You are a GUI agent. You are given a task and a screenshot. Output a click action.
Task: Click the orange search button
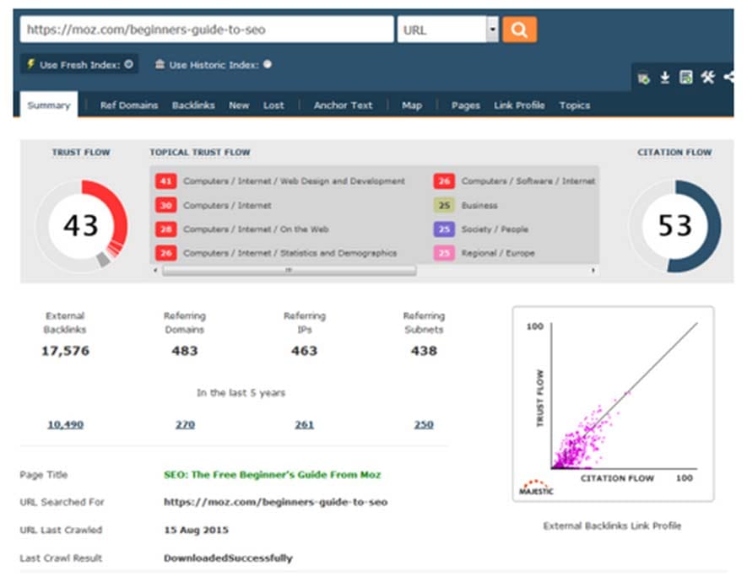tap(519, 30)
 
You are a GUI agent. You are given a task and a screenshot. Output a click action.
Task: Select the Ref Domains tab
tap(129, 105)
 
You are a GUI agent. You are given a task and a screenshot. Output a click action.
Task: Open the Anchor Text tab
tap(343, 105)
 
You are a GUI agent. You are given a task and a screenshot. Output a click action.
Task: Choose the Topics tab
tap(575, 105)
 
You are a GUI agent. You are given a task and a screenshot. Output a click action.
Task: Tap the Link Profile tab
tap(519, 105)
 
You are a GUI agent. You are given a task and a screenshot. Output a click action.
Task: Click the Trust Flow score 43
tap(81, 225)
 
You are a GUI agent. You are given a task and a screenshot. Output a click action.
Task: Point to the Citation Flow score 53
tap(674, 225)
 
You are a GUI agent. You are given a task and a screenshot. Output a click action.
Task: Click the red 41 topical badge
tap(165, 181)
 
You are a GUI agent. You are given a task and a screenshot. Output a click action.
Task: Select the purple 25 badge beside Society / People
tap(444, 229)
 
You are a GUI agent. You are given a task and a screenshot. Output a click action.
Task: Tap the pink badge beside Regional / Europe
tap(444, 253)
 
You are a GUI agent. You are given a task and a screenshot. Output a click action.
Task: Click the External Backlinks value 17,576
tap(65, 351)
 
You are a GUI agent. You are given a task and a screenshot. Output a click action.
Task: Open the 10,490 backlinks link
tap(65, 424)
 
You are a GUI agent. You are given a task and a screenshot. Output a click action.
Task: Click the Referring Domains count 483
tap(185, 351)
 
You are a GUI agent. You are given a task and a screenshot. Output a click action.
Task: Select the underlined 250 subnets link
tap(424, 424)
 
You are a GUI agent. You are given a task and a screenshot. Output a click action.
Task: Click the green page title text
tap(272, 474)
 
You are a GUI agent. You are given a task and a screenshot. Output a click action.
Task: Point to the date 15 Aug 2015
tap(197, 530)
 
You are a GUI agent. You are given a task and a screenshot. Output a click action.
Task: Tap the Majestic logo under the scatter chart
tap(536, 488)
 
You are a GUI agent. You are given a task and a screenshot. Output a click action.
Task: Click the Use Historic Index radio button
tap(268, 64)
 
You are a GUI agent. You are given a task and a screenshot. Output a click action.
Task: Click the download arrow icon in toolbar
tap(664, 77)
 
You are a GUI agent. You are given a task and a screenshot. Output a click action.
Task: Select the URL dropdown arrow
tap(493, 30)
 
